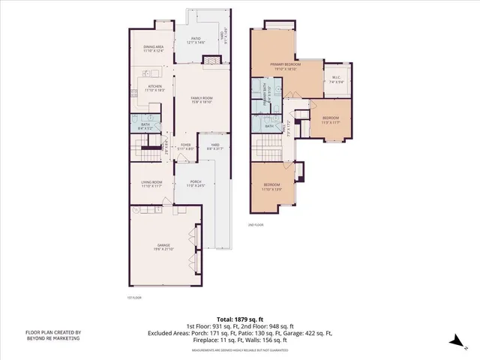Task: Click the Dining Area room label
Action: coord(154,49)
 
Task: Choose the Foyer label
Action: coord(185,147)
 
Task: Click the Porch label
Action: coord(196,184)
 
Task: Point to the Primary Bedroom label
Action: coord(286,67)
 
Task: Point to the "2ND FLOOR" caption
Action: coord(256,224)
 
